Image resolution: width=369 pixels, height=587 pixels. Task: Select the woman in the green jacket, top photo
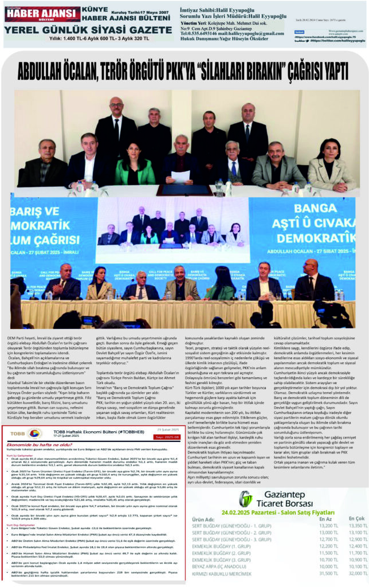134,166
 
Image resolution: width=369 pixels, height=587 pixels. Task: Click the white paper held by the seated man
180,177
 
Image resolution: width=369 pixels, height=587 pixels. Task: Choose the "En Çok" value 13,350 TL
358,525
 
